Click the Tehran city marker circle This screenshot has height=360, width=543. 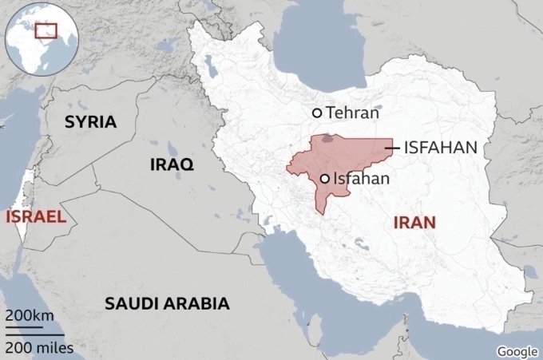point(317,113)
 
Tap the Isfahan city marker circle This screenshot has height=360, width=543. point(325,179)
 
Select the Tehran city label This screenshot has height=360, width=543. point(351,113)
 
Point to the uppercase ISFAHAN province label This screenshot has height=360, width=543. point(441,148)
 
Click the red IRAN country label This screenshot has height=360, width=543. point(415,223)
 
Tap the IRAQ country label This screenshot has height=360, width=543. point(172,164)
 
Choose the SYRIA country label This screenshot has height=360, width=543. point(90,122)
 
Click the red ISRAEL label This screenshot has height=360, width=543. point(34,216)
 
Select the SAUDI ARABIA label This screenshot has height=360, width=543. point(167,303)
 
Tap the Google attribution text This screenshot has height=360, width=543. point(517,351)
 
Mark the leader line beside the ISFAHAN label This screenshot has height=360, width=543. point(391,148)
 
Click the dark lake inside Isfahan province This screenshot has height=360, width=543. point(328,140)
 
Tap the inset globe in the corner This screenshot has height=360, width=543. point(38,38)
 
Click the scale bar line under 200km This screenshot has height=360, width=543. point(24,327)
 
